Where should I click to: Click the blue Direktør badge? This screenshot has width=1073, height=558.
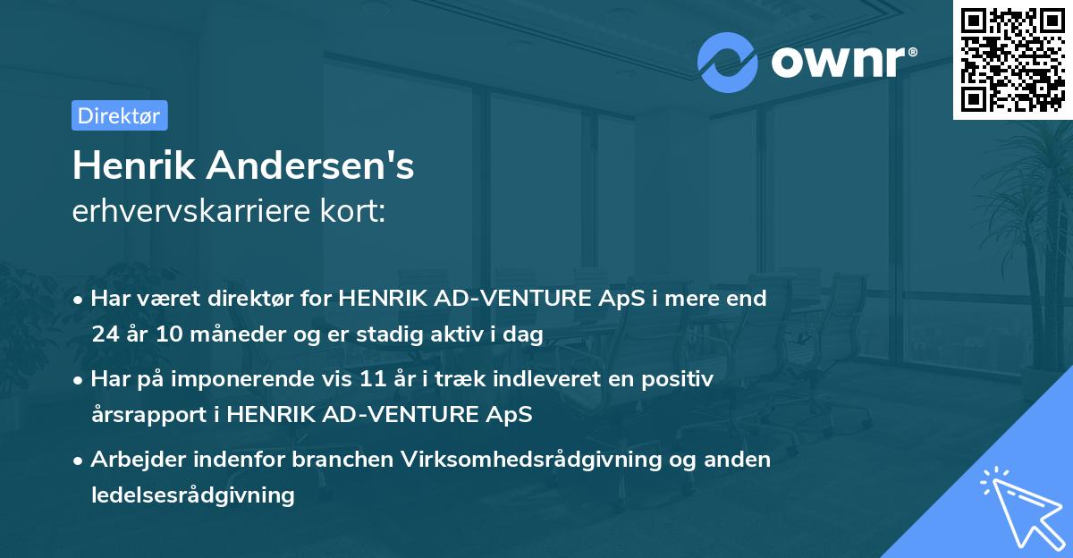click(120, 115)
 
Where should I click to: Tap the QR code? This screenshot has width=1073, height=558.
click(1011, 59)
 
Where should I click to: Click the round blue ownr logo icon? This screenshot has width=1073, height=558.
click(728, 62)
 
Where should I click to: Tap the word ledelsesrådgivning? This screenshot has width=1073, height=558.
click(192, 495)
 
